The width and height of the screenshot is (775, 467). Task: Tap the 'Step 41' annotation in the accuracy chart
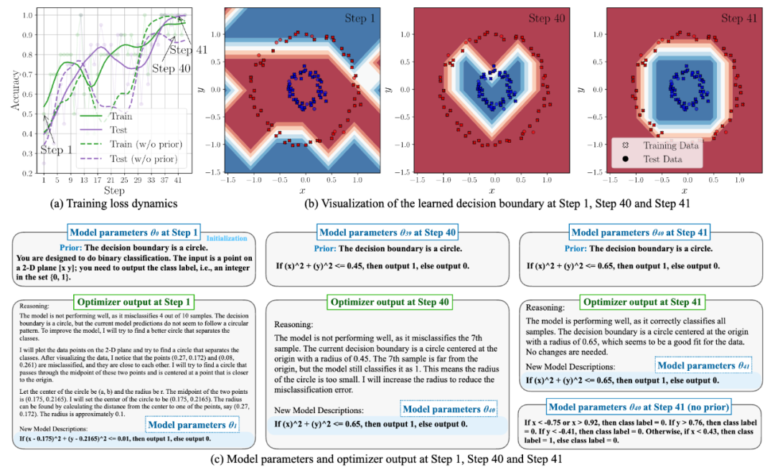187,49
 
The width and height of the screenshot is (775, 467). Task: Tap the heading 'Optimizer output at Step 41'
644,303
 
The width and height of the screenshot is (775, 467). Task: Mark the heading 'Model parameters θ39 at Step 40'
388,232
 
